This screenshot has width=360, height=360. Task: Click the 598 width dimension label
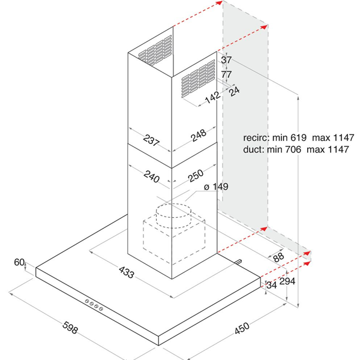[x=70, y=328]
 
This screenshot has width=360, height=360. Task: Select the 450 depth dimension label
[x=242, y=328]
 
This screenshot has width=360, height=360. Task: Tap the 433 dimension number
[x=126, y=272]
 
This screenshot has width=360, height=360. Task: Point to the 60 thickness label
[x=19, y=262]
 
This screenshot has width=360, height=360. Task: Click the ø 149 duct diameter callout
[x=216, y=187]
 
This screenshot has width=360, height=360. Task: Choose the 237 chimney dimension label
[x=151, y=140]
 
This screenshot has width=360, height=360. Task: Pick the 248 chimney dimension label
[x=199, y=136]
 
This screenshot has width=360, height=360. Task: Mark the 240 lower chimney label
[x=152, y=176]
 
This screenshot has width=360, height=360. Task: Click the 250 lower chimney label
[x=196, y=176]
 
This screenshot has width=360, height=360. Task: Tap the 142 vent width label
[x=212, y=98]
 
